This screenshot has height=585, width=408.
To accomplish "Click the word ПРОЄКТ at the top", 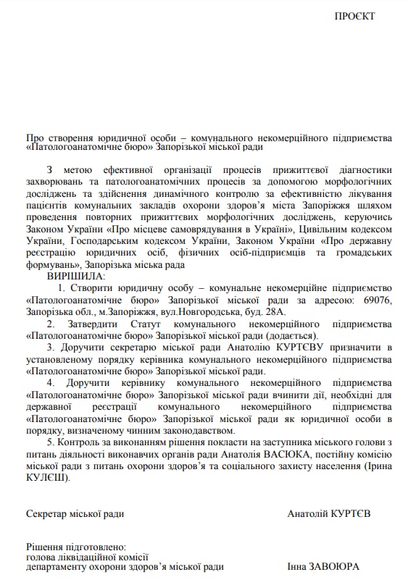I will (x=355, y=16).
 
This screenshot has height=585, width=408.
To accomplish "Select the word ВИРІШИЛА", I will (x=76, y=276).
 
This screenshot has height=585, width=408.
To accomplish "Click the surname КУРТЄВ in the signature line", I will (x=345, y=513).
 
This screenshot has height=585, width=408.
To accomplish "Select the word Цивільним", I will (x=322, y=229).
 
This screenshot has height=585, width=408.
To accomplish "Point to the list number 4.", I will (x=51, y=383).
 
